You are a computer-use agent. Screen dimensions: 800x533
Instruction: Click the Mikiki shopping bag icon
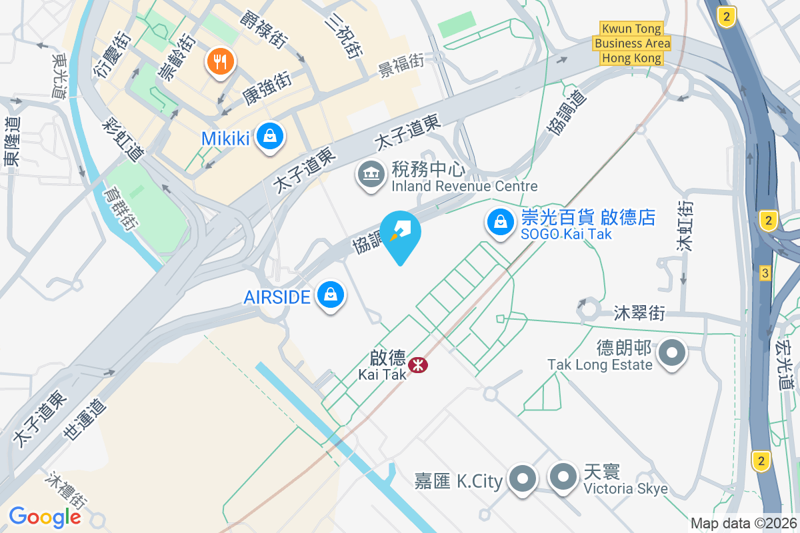click(269, 137)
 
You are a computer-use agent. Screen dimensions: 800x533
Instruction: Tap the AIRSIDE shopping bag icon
click(330, 294)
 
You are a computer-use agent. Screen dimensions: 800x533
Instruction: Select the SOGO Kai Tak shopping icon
click(500, 223)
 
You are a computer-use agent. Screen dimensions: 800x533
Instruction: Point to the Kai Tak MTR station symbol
click(418, 364)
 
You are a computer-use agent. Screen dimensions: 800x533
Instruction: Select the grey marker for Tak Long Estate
click(672, 353)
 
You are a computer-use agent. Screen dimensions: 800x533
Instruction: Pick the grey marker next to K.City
click(523, 478)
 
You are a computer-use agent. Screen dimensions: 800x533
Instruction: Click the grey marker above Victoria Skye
click(563, 477)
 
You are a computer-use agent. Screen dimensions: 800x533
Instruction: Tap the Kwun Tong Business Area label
click(632, 43)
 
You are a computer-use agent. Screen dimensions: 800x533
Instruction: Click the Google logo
click(45, 516)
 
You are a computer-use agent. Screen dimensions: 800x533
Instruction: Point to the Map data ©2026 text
click(743, 523)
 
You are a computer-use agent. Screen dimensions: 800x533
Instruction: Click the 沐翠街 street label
click(639, 312)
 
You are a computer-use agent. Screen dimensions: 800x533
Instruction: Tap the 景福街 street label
click(401, 65)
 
